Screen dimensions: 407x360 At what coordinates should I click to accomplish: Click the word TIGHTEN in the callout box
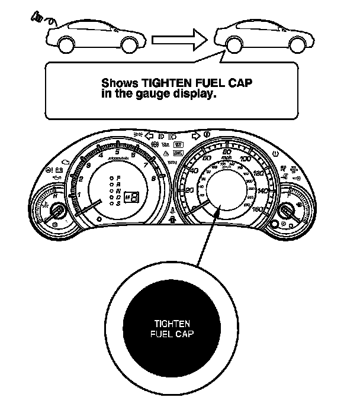pos(150,83)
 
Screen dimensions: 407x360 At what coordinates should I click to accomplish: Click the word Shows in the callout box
pos(115,83)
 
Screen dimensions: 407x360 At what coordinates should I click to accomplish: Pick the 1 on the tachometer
pos(80,194)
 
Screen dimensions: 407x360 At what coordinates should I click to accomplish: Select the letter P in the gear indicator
pos(118,177)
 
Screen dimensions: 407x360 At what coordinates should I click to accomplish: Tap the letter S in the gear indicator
pos(118,204)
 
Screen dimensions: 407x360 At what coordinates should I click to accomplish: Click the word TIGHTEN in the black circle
pos(172,324)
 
